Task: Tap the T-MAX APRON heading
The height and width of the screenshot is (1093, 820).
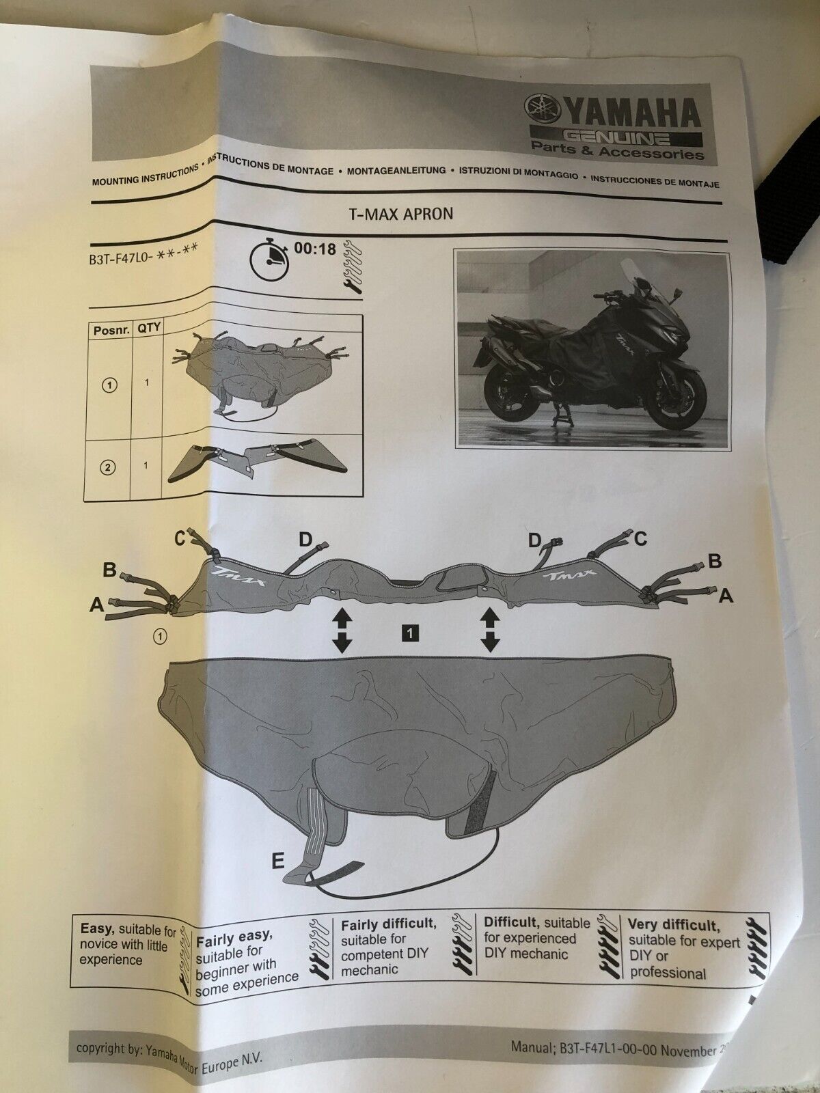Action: tap(401, 214)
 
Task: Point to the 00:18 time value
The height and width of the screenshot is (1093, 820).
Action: tap(315, 248)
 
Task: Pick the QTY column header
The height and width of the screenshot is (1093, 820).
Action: tap(148, 328)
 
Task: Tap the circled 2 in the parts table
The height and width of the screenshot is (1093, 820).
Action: tap(109, 467)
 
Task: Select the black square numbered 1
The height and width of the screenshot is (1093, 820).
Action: tap(409, 633)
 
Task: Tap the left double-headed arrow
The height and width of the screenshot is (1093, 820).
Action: tap(342, 631)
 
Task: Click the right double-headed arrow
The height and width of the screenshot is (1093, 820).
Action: tap(489, 631)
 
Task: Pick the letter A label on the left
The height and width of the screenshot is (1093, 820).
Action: tap(97, 605)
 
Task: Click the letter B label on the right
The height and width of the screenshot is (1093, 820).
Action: tap(715, 562)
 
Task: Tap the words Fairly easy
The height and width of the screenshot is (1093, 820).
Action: tap(234, 939)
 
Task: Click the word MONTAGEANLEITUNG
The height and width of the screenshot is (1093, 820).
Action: tap(396, 171)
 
